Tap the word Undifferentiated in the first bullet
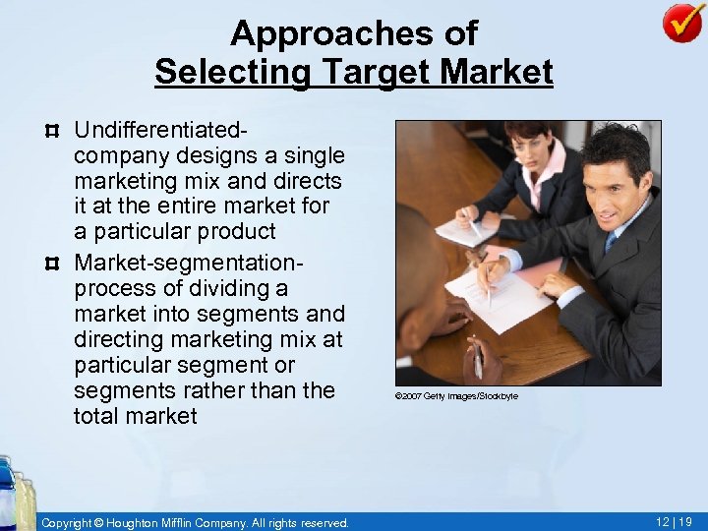pyautogui.click(x=160, y=131)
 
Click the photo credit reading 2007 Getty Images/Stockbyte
pyautogui.click(x=456, y=396)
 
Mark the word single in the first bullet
pyautogui.click(x=312, y=156)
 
